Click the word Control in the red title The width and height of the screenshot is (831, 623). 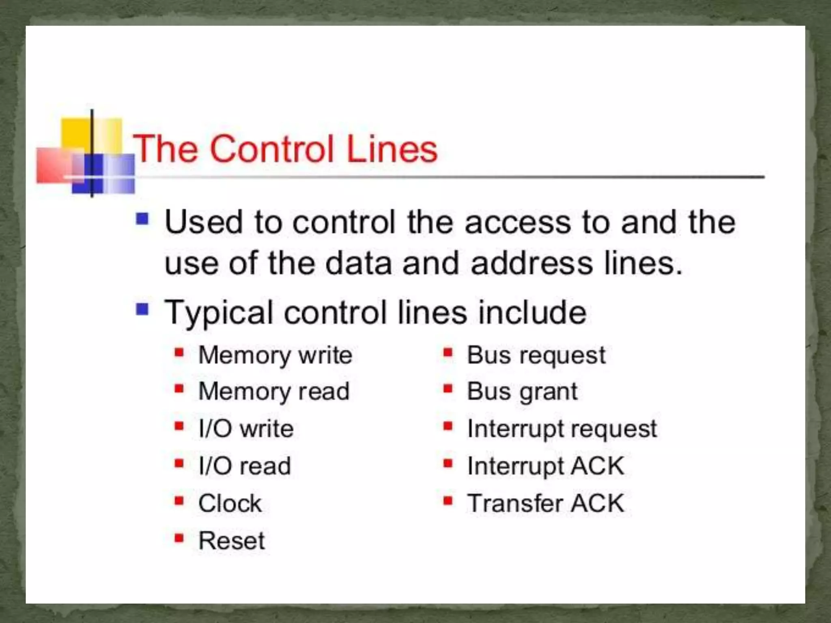click(273, 149)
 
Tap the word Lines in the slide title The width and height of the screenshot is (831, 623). click(392, 149)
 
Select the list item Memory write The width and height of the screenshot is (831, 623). click(275, 356)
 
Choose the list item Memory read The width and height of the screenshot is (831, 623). click(274, 392)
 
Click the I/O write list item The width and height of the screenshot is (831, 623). click(246, 429)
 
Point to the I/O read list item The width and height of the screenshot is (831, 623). click(245, 466)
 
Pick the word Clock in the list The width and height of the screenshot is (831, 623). click(230, 503)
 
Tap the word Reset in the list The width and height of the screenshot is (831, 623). click(231, 541)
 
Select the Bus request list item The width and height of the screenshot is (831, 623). click(536, 356)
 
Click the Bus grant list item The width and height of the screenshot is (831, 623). click(522, 392)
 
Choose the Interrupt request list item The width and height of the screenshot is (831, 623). click(562, 429)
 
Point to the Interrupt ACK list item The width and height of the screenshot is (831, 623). click(546, 466)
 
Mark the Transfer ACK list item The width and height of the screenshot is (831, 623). click(546, 503)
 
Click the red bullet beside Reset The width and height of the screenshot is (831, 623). click(179, 539)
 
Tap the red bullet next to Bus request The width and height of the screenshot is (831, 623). click(448, 353)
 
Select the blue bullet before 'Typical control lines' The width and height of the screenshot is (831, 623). click(142, 310)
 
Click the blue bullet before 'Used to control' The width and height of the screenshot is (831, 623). click(142, 219)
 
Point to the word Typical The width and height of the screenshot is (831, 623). click(219, 313)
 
